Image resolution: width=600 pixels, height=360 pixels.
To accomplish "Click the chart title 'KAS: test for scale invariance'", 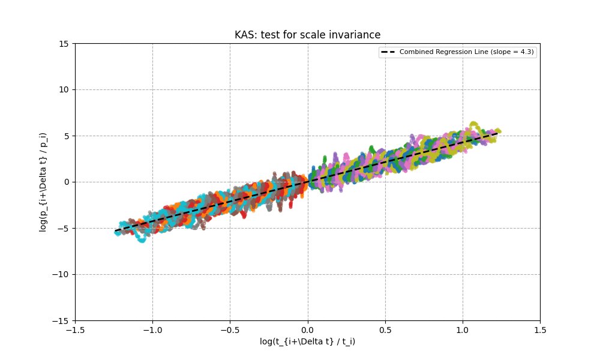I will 307,35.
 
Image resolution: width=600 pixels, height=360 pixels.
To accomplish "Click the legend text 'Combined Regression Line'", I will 444,52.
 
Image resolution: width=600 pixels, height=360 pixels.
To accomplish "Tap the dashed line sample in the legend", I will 388,52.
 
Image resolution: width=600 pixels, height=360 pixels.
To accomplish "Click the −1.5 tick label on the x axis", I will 74,329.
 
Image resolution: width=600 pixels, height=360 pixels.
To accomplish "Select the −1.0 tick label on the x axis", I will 152,329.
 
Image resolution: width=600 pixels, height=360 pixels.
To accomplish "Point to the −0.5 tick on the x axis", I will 230,329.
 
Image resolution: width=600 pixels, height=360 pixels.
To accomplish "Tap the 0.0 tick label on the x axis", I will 308,329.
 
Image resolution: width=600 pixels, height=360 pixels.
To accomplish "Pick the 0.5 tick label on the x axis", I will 385,329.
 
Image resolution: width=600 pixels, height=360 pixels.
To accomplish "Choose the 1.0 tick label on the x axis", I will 463,329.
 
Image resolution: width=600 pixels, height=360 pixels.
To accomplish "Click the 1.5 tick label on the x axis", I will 540,329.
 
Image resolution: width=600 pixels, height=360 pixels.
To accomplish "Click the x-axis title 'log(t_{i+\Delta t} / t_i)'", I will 307,341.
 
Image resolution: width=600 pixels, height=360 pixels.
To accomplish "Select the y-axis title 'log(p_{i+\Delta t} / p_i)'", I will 43,182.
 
